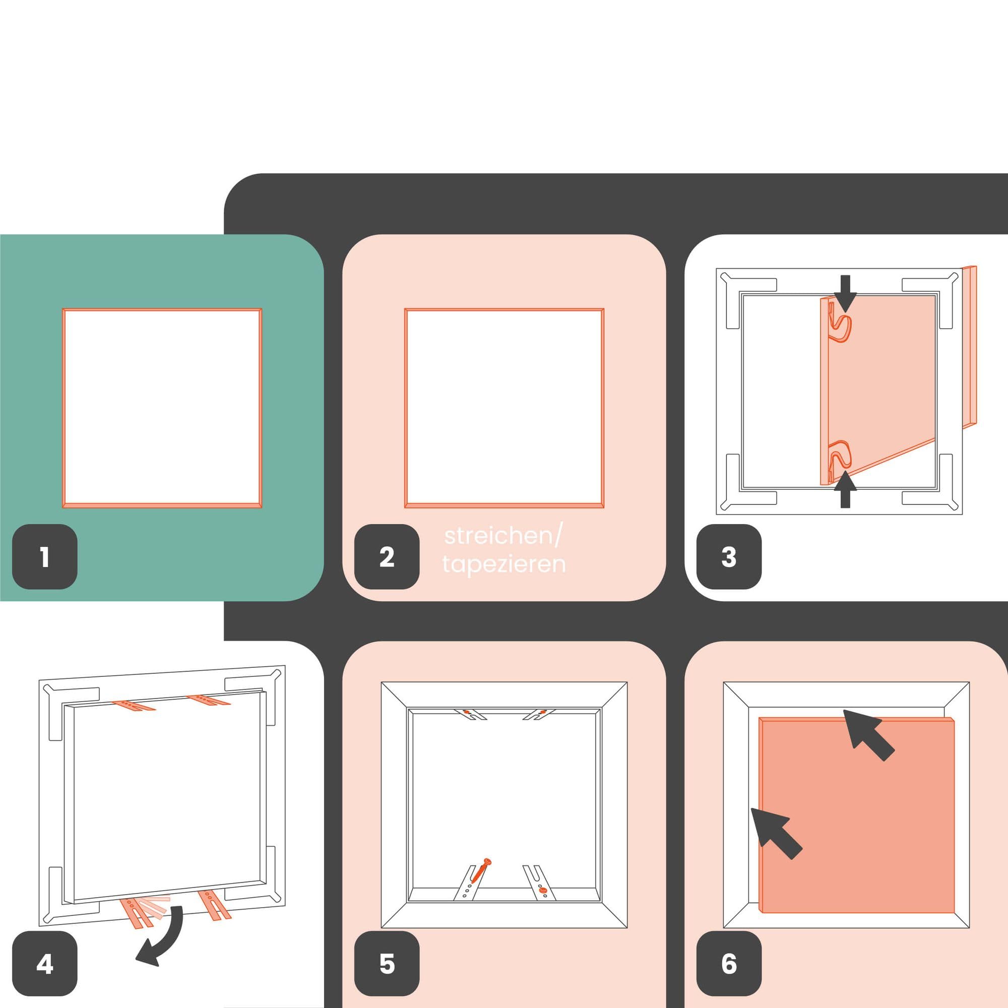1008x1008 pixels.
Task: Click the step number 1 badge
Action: [x=45, y=557]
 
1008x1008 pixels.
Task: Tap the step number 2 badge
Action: [x=387, y=557]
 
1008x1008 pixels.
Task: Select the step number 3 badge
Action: [x=729, y=557]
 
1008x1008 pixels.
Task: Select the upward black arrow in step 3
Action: [x=845, y=489]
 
